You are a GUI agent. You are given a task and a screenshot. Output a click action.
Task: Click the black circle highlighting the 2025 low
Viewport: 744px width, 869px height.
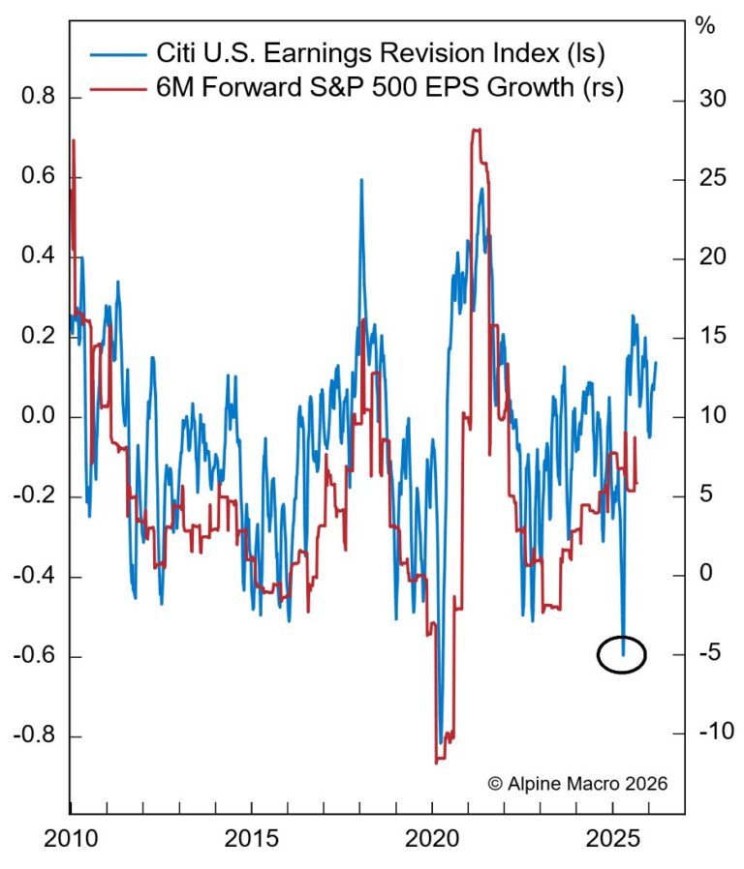621,655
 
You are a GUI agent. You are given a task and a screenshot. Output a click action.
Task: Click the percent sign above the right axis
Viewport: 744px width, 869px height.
705,26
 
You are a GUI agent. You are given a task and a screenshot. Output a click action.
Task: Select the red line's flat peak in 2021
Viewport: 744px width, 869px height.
477,130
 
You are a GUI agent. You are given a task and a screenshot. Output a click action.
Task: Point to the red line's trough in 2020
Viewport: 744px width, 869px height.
438,762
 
